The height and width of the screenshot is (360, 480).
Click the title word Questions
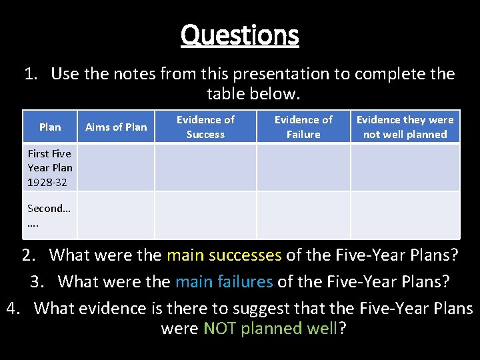click(x=239, y=35)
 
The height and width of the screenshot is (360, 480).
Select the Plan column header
click(x=50, y=127)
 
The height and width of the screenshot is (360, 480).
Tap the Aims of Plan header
click(x=116, y=127)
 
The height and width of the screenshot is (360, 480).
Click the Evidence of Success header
click(x=205, y=127)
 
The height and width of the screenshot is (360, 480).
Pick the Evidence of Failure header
click(x=303, y=127)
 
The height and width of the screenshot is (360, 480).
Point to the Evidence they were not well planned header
click(x=405, y=127)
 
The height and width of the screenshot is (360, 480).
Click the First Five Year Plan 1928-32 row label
click(x=50, y=167)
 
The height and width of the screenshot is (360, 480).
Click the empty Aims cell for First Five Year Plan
click(x=116, y=167)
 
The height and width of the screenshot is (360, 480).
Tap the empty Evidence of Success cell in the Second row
click(x=205, y=215)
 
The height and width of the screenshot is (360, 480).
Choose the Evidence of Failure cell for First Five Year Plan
click(x=303, y=167)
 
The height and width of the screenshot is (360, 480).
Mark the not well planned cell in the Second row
click(x=405, y=215)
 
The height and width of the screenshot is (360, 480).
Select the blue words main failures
click(x=224, y=281)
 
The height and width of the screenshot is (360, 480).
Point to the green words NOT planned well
click(x=271, y=328)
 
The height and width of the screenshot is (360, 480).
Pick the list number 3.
click(x=37, y=281)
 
